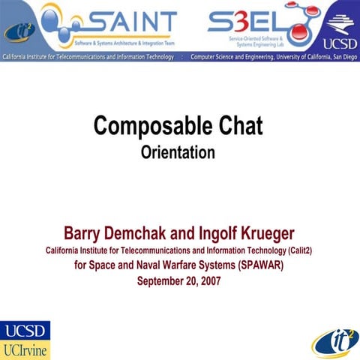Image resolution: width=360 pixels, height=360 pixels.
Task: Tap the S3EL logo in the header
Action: tap(238, 21)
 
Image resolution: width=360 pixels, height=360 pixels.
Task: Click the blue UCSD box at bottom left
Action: tap(25, 331)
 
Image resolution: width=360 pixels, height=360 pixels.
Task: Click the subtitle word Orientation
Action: tap(178, 152)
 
